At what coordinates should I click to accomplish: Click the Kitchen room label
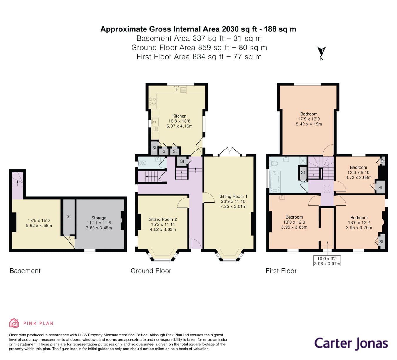point(179,116)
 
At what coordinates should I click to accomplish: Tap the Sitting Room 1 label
point(233,196)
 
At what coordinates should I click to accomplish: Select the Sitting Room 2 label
point(163,219)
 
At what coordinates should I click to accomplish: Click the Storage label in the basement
point(99,218)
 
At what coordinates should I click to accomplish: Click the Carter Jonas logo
point(351,343)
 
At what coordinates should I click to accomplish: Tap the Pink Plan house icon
point(14,323)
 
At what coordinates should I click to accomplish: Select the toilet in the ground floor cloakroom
point(143,163)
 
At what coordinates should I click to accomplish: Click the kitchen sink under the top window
point(177,89)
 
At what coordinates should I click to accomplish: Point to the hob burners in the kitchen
point(152,101)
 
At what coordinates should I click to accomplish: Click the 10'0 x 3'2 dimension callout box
point(327,261)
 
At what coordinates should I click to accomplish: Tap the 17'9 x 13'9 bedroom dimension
point(309,119)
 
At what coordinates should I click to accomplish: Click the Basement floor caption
point(25,271)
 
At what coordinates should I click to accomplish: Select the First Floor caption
point(281,271)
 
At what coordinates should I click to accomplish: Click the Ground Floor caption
point(151,271)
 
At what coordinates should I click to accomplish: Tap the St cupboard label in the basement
point(69,216)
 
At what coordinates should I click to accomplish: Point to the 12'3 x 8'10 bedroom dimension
point(358,173)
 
